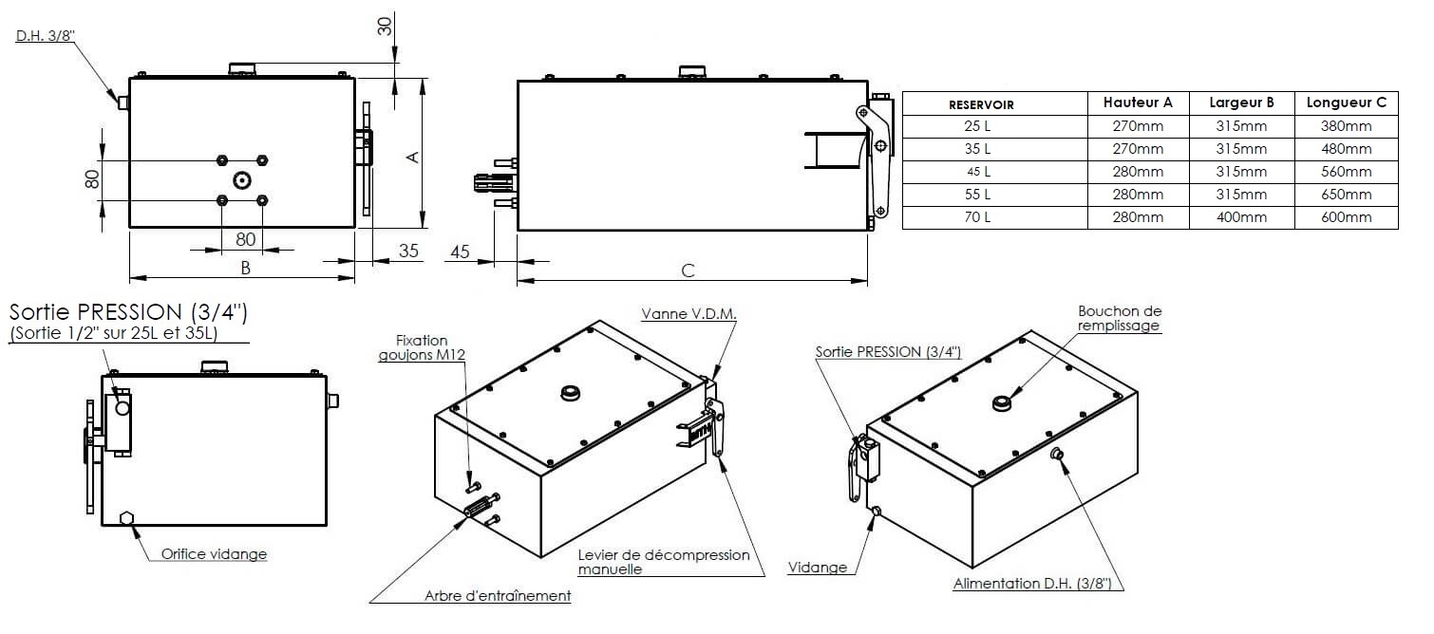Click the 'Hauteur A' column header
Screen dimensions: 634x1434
pos(1138,103)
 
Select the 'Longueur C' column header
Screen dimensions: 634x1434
pos(1346,103)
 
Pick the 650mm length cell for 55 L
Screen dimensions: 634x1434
pos(1346,195)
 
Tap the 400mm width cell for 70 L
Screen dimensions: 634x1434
pos(1241,217)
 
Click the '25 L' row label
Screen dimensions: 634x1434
pos(994,126)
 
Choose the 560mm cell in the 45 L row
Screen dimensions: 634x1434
pos(1346,172)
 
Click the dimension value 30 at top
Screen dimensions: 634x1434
pos(386,26)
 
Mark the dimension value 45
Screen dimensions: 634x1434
pos(460,252)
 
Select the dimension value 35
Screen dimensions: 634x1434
pos(408,252)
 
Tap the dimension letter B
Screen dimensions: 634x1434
pos(245,269)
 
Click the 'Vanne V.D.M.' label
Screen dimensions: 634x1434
pos(689,313)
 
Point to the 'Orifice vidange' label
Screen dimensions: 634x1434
pos(214,554)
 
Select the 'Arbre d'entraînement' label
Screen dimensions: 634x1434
pos(498,596)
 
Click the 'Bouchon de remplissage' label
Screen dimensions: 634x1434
pos(1120,318)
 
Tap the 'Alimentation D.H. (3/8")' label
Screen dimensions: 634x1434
pos(1038,585)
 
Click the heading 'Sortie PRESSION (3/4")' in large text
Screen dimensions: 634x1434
pos(128,312)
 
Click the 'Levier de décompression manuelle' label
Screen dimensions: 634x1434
pos(663,562)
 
